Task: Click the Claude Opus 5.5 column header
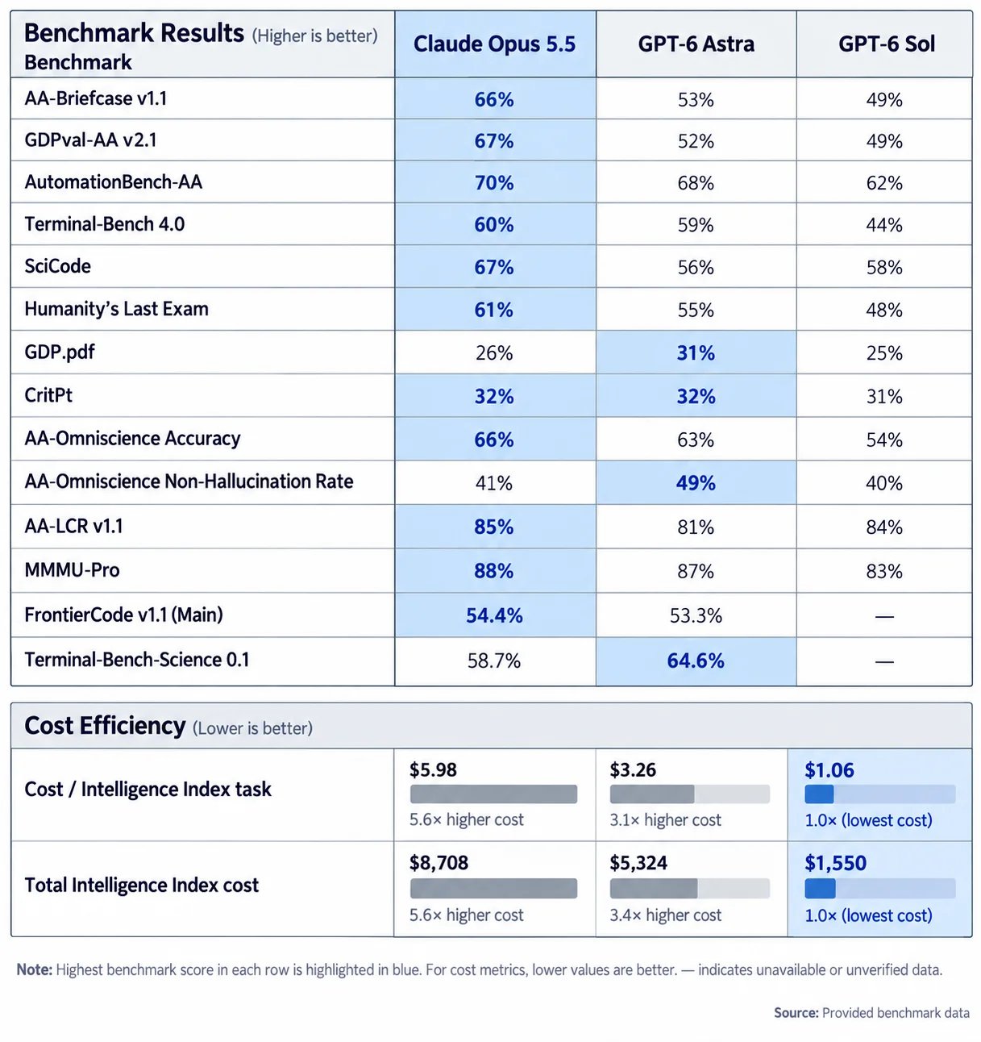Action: pyautogui.click(x=493, y=44)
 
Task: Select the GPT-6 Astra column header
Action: pyautogui.click(x=696, y=44)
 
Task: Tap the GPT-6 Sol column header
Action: pyautogui.click(x=886, y=44)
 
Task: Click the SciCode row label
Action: pyautogui.click(x=58, y=266)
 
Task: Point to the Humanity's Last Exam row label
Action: pyautogui.click(x=116, y=309)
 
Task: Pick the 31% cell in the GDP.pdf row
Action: pyautogui.click(x=696, y=352)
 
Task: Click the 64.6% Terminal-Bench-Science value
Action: pyautogui.click(x=696, y=660)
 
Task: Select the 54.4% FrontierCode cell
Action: pyautogui.click(x=494, y=615)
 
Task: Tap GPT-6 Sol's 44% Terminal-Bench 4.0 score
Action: pyautogui.click(x=884, y=225)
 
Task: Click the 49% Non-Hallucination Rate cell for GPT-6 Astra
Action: pyautogui.click(x=696, y=483)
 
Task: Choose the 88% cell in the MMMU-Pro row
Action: pyautogui.click(x=493, y=571)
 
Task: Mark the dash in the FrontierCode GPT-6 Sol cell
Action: pyautogui.click(x=884, y=616)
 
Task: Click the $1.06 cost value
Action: pyautogui.click(x=829, y=770)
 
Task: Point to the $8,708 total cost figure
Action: pyautogui.click(x=439, y=863)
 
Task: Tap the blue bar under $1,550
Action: pyautogui.click(x=820, y=889)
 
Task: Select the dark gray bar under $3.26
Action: pyautogui.click(x=652, y=794)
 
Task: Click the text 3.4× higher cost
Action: pyautogui.click(x=665, y=915)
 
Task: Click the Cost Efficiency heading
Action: pyautogui.click(x=105, y=726)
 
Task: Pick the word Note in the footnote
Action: pyautogui.click(x=34, y=969)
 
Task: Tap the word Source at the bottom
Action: pyautogui.click(x=796, y=1013)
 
